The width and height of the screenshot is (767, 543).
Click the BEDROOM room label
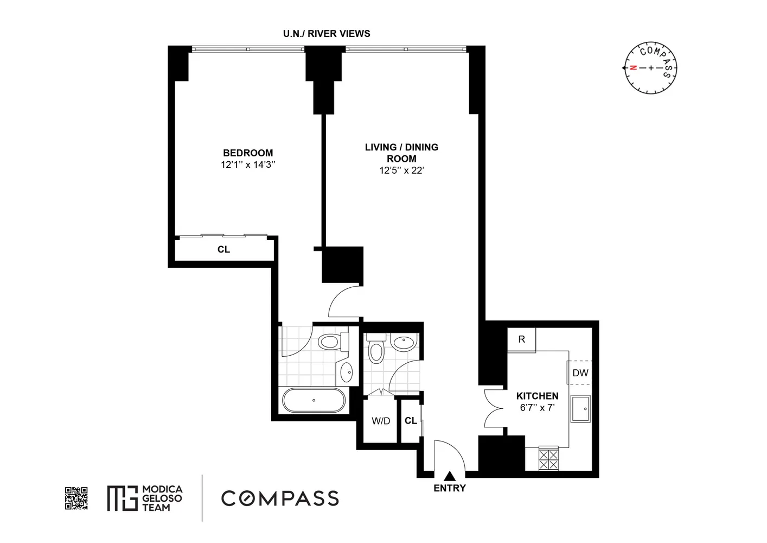point(248,153)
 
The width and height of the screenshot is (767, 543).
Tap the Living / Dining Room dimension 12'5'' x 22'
point(401,171)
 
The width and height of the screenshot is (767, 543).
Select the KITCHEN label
point(537,396)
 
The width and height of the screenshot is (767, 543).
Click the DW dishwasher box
point(580,373)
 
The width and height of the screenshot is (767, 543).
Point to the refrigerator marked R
point(521,339)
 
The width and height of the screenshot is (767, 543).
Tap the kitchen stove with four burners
point(548,458)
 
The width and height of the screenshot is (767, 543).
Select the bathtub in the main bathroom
point(314,401)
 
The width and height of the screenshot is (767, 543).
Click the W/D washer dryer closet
point(381,421)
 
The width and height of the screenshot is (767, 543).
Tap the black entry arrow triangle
point(450,476)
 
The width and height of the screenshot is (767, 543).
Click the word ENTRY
point(450,488)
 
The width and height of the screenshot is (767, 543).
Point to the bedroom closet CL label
point(223,250)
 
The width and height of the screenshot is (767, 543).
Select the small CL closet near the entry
point(411,421)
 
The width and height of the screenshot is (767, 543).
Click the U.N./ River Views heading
point(327,34)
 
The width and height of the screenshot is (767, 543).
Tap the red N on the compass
point(632,68)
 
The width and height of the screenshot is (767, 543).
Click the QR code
point(76,498)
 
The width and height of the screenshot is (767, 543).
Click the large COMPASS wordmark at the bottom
point(280,498)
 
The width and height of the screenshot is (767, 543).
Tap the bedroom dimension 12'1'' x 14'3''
point(248,165)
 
